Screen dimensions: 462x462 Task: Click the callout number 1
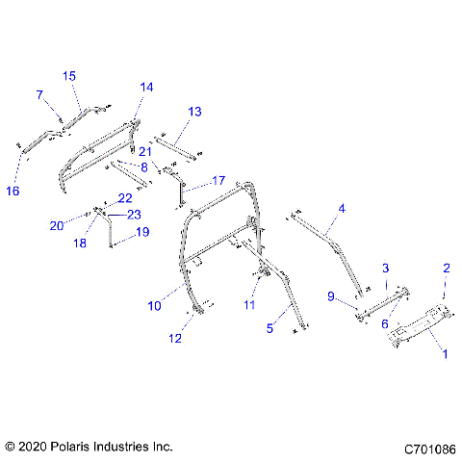coord(444,353)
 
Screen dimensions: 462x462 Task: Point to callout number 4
coord(341,207)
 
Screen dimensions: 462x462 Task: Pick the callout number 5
coord(270,328)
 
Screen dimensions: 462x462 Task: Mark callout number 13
coord(194,113)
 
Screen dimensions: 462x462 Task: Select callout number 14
coord(146,87)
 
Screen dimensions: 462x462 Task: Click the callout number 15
coord(69,75)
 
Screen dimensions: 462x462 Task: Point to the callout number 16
coord(13,191)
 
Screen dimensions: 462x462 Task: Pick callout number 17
coord(218,180)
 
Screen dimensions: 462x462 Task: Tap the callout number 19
coord(142,232)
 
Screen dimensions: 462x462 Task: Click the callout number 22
coord(124,197)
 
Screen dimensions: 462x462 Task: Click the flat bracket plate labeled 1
coord(423,325)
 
